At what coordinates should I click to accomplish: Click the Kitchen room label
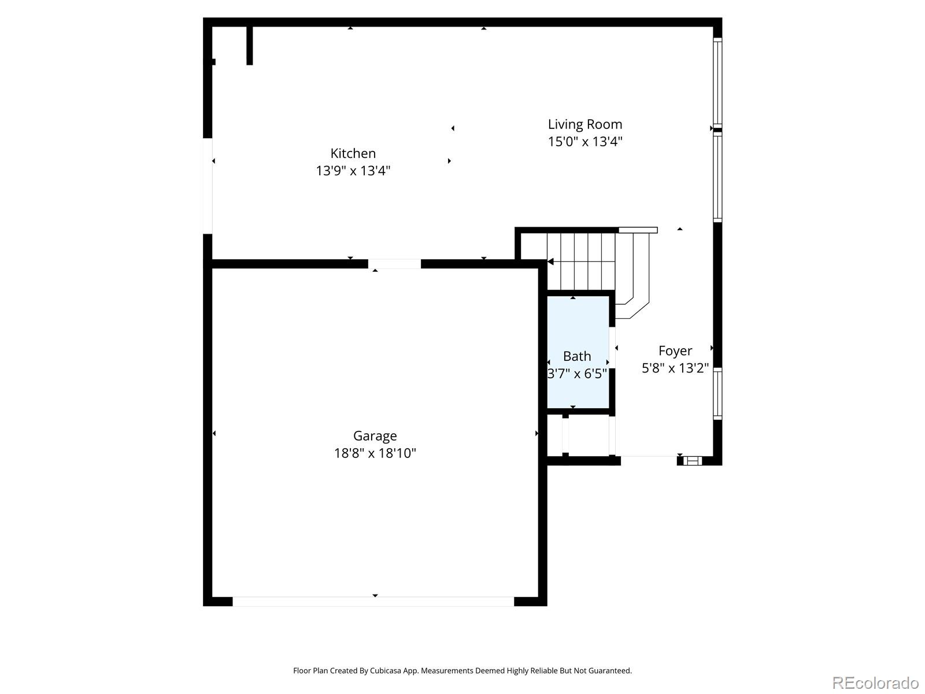[353, 153]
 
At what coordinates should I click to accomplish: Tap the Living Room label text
[585, 124]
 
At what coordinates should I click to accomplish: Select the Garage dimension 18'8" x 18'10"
[375, 453]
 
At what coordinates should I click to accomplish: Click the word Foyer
[675, 350]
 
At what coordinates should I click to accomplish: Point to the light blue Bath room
[578, 352]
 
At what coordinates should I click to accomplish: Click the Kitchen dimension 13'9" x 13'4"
[353, 171]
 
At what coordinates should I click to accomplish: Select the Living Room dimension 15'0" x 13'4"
[585, 142]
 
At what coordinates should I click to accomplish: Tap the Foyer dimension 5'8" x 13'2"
[675, 368]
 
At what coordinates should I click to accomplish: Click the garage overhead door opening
[373, 601]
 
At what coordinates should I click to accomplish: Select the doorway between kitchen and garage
[394, 264]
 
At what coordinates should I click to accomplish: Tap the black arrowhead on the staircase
[550, 261]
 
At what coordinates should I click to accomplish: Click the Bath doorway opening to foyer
[612, 348]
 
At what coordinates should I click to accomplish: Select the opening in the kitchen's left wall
[208, 186]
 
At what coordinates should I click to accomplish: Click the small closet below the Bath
[578, 435]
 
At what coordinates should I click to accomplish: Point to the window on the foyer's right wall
[717, 394]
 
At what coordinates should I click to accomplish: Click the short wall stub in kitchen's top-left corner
[250, 46]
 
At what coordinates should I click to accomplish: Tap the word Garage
[375, 435]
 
